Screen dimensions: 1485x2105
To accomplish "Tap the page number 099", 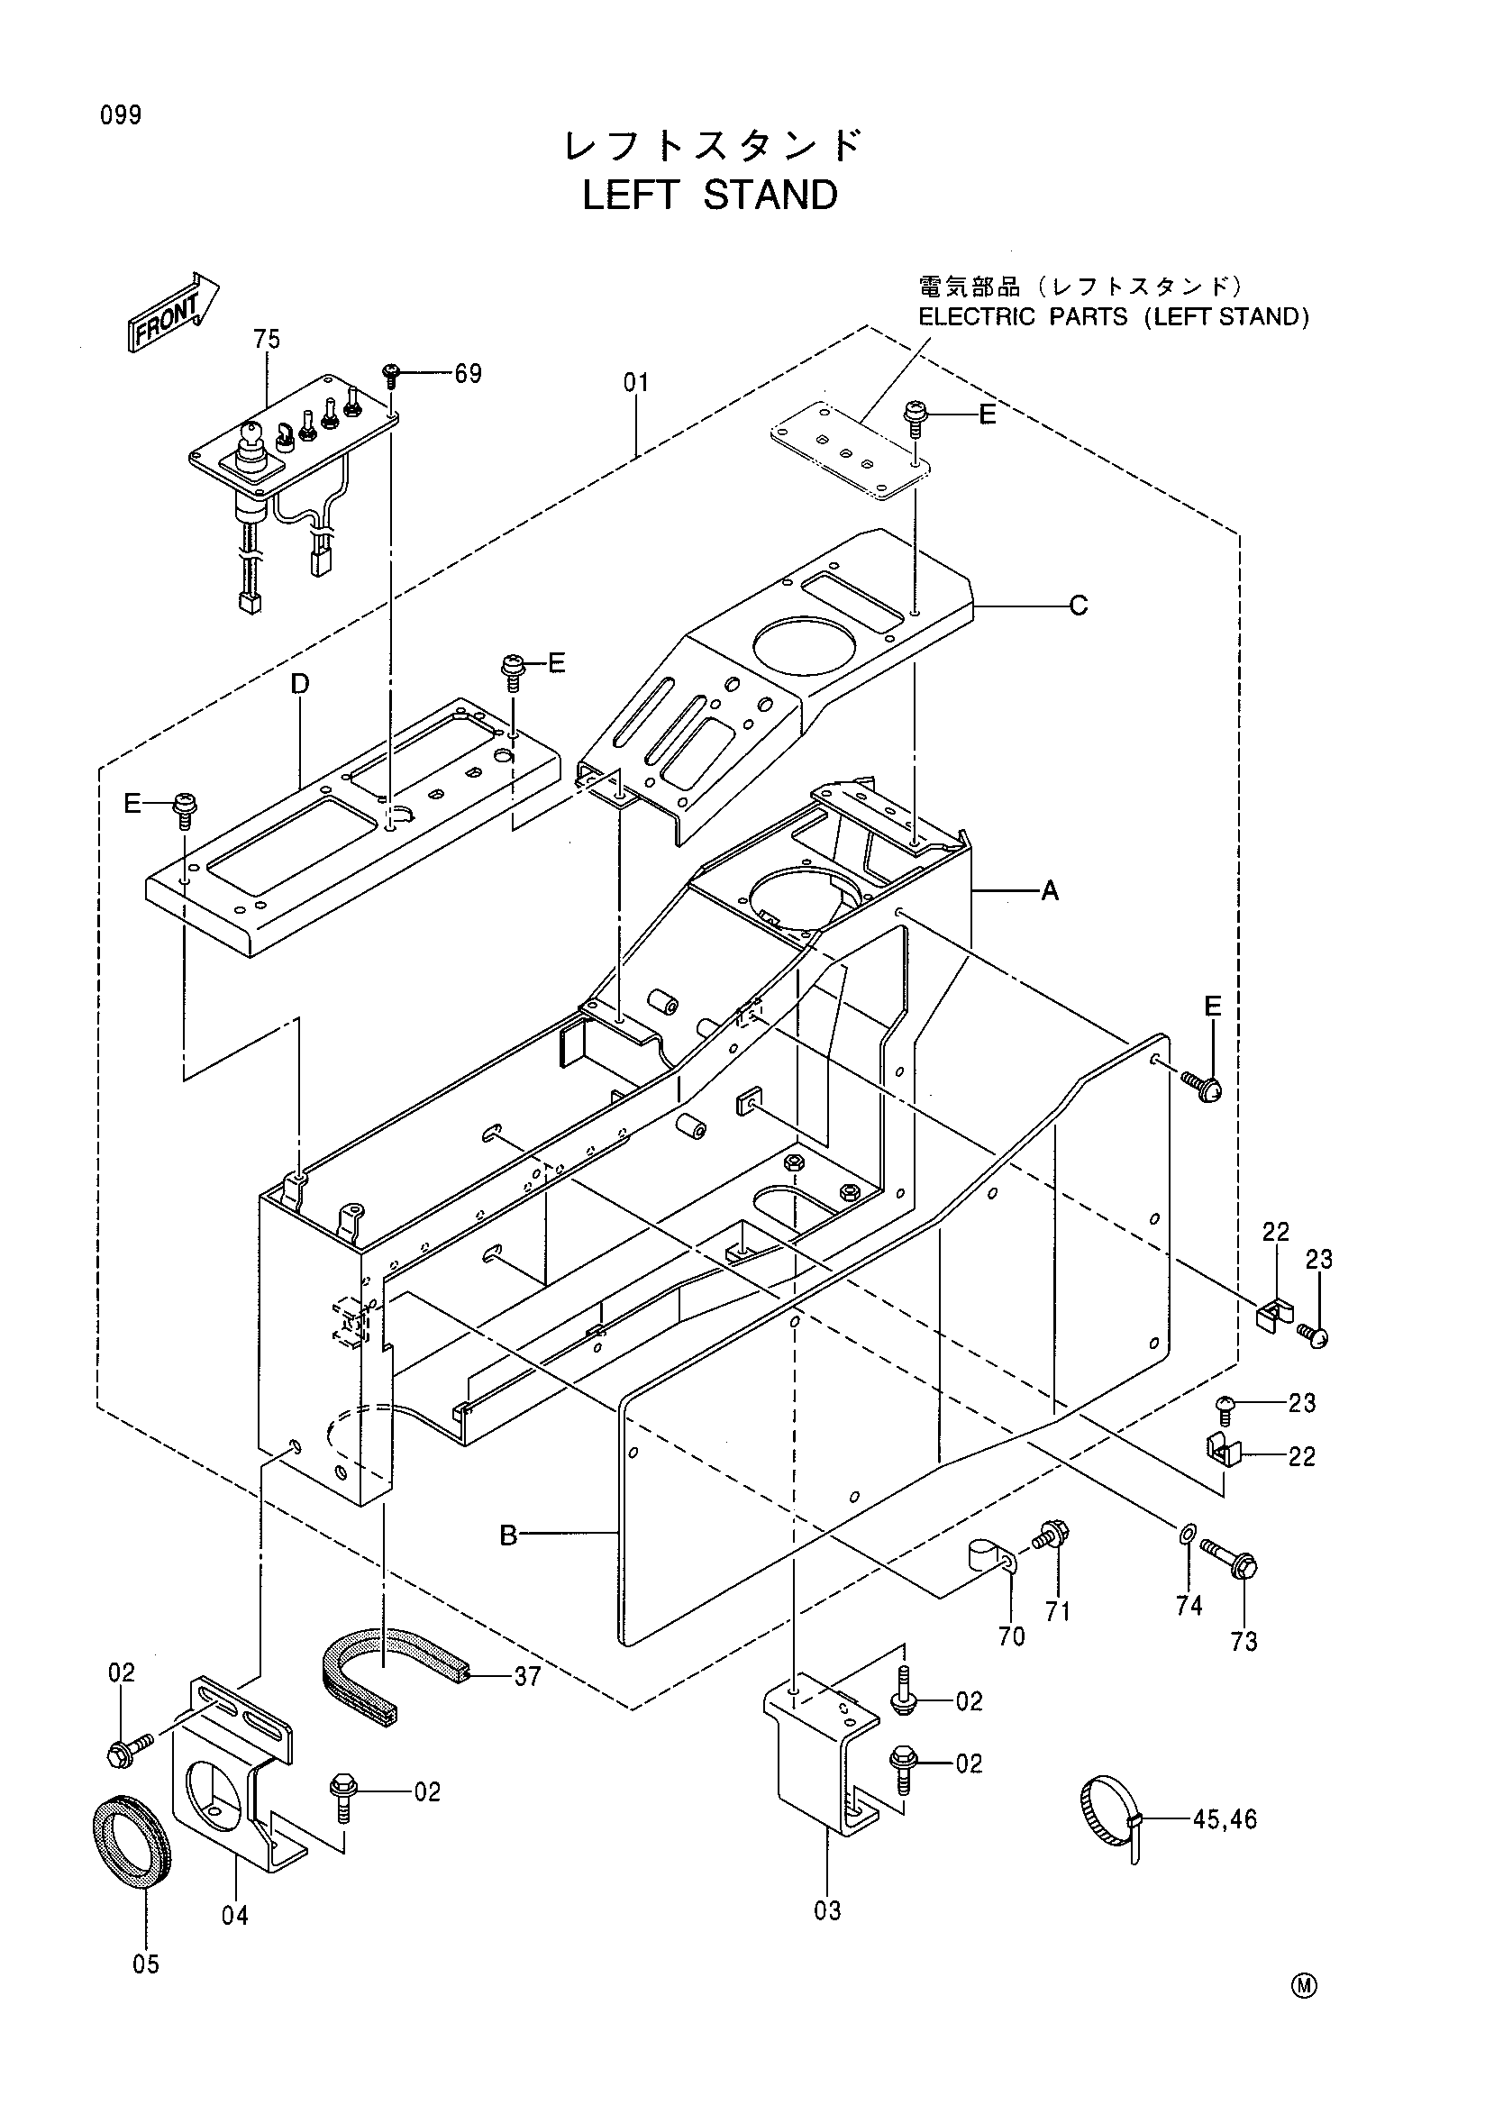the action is click(x=121, y=115).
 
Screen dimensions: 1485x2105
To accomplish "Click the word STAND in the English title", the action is click(x=770, y=196).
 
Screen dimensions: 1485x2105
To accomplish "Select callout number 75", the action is click(x=267, y=339).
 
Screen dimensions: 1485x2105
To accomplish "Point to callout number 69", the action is click(x=468, y=374).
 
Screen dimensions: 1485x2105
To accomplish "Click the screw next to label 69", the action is click(x=392, y=376).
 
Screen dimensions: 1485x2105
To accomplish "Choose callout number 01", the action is click(x=636, y=382).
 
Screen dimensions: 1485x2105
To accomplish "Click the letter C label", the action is click(x=1079, y=605).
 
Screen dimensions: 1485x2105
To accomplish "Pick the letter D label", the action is click(x=301, y=684).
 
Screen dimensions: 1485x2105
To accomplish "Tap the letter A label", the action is click(x=1050, y=889).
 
